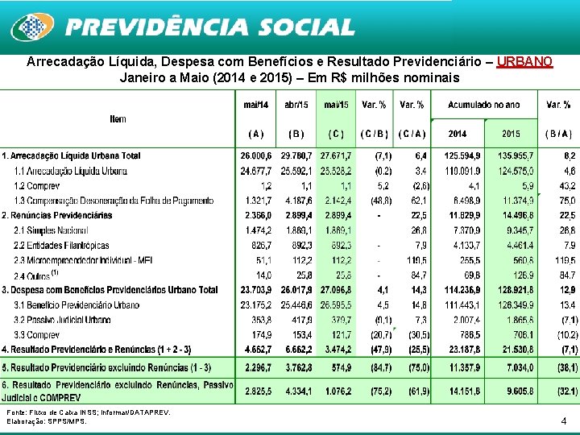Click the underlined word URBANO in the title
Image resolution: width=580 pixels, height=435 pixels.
pos(524,62)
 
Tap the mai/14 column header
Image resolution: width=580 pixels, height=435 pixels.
pos(256,105)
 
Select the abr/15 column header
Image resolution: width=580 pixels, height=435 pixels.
pos(296,105)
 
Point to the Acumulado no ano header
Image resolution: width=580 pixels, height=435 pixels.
pos(483,105)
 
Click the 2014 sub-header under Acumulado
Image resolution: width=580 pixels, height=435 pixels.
pos(457,134)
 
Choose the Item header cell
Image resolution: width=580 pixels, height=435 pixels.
pos(118,119)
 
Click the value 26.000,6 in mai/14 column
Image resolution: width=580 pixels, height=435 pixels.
pos(256,155)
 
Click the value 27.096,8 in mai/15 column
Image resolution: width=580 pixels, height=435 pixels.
pos(336,290)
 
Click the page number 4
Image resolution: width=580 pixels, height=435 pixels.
pos(563,420)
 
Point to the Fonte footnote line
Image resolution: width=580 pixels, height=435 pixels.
pos(89,412)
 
